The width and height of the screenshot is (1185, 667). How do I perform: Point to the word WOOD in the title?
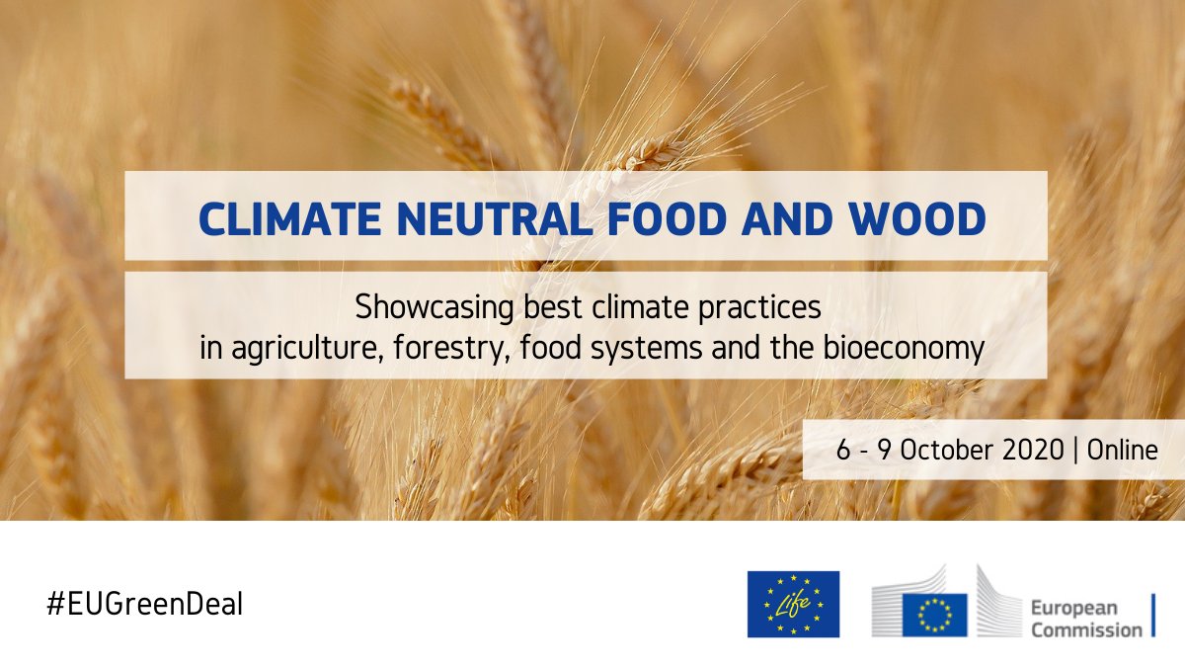[x=913, y=217]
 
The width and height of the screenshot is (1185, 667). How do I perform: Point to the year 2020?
[x=1036, y=451]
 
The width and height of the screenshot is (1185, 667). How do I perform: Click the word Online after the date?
[x=1122, y=451]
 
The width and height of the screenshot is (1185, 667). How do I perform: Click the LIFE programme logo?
[x=793, y=604]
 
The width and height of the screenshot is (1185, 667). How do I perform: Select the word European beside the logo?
[x=1076, y=608]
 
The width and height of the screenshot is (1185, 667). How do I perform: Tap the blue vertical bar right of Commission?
[x=1152, y=616]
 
